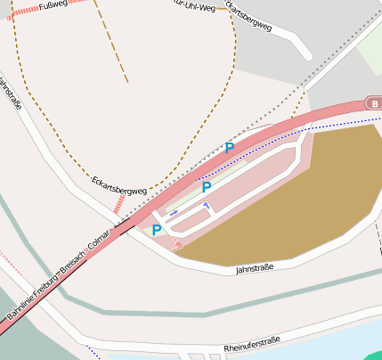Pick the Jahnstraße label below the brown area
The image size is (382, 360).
point(255,267)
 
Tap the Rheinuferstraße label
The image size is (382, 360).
point(252,340)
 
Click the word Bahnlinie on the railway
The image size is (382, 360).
point(19,304)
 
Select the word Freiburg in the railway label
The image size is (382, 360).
point(46,280)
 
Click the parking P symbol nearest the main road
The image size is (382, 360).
point(230,148)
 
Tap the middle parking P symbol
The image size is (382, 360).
point(207,187)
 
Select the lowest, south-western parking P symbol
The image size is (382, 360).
point(157,230)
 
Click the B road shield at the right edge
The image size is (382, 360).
point(373,103)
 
